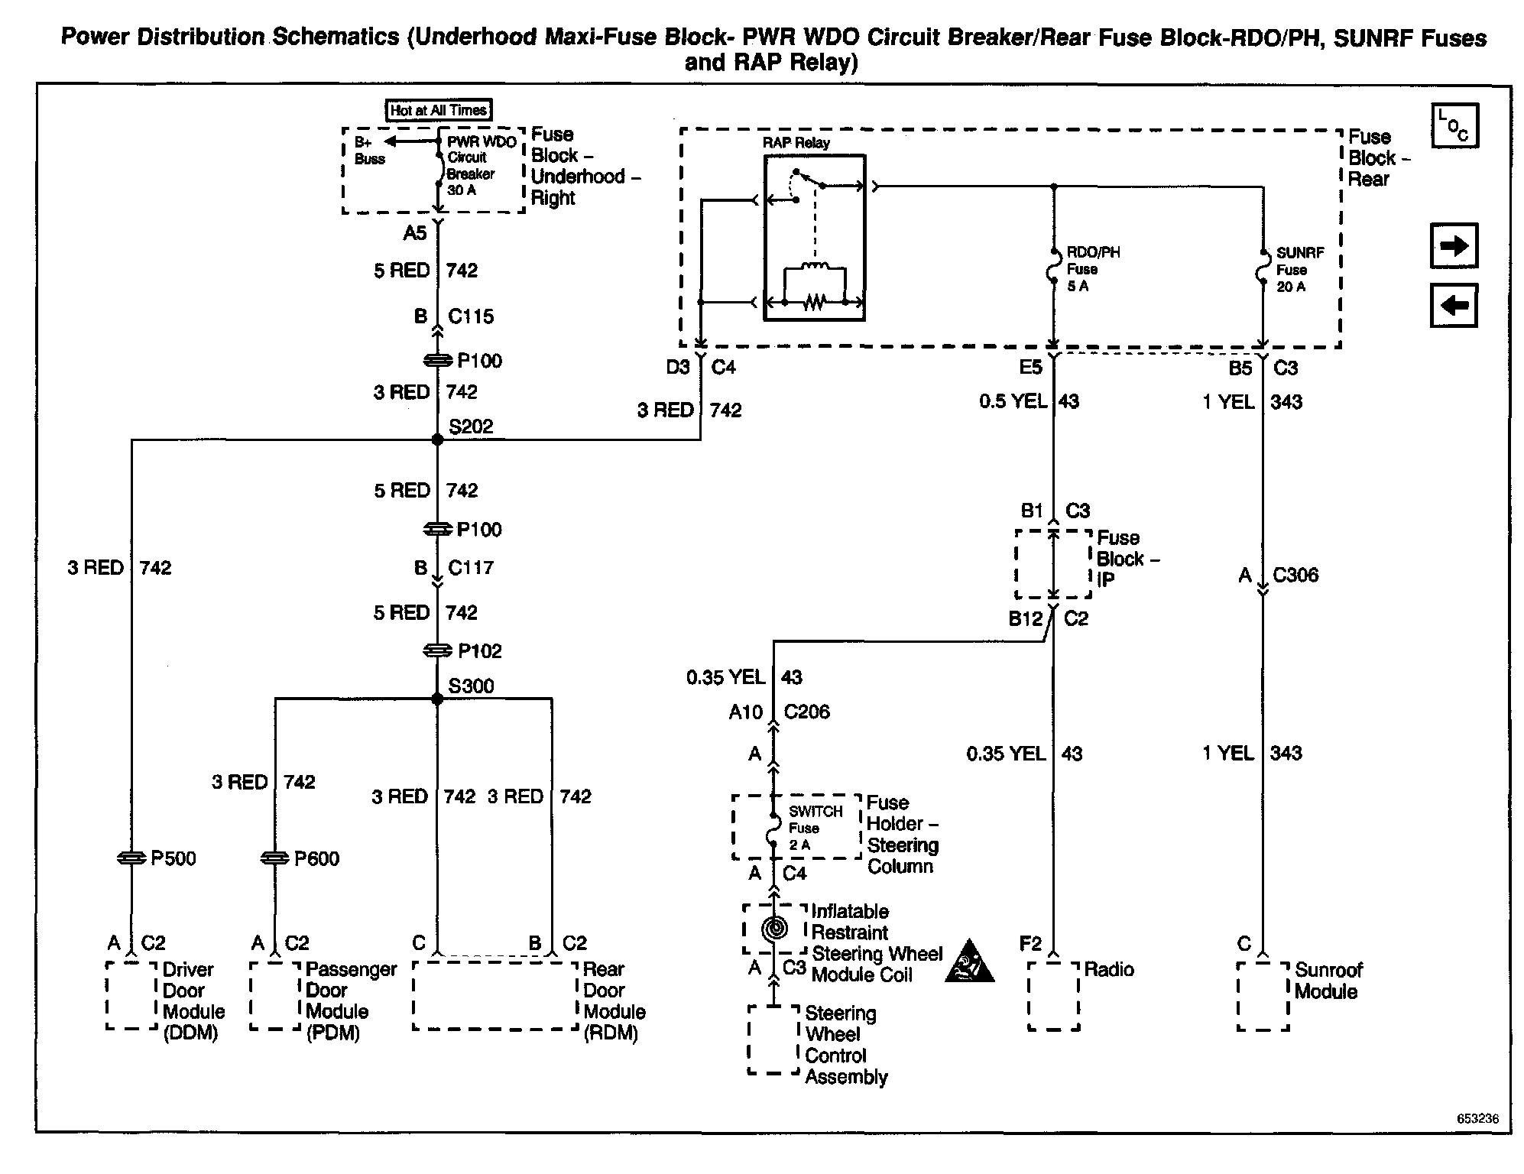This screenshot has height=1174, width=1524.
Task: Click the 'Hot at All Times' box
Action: (438, 110)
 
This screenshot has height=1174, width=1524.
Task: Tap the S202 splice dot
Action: (437, 439)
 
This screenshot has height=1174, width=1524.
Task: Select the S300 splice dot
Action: (437, 699)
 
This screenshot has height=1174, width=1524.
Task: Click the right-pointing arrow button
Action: (1454, 245)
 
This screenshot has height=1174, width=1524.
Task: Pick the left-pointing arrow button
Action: (1454, 306)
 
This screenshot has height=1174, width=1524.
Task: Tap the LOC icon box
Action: (1454, 125)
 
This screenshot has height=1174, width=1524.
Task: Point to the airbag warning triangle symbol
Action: (969, 961)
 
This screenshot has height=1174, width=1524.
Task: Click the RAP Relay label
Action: (796, 143)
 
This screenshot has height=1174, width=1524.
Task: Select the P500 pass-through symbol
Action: (131, 858)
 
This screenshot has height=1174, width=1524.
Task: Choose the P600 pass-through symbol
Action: (274, 858)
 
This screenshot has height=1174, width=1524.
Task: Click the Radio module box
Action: (1053, 996)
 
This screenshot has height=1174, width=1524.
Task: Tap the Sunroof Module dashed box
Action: (1263, 996)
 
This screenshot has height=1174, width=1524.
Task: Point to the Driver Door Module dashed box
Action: (131, 995)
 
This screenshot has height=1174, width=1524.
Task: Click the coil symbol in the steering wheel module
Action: (774, 929)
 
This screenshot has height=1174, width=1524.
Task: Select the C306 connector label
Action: (1295, 575)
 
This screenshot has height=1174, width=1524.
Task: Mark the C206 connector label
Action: (806, 712)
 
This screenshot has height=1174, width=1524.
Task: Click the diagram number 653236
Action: (1477, 1118)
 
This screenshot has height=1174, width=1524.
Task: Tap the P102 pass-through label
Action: (479, 651)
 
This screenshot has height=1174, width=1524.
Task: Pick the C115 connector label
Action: (471, 316)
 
